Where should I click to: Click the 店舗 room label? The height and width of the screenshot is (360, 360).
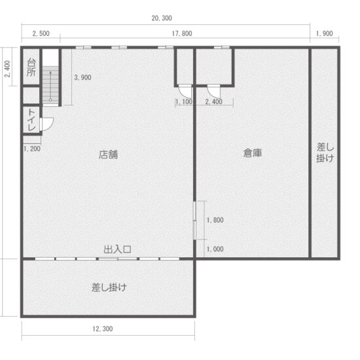109,154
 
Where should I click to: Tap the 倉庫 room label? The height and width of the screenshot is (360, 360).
253,153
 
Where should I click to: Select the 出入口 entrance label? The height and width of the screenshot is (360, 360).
118,249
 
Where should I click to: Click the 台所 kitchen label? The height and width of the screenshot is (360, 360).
31,67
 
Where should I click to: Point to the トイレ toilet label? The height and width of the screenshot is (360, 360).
31,120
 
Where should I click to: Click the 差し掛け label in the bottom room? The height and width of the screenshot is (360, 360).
109,287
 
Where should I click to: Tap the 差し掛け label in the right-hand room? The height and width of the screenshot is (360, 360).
325,153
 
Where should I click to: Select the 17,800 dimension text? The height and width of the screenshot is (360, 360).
182,33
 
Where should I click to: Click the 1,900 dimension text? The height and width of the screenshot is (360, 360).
324,33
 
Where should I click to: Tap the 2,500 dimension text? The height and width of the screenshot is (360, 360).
40,33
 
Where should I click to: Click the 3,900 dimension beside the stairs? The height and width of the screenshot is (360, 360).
82,77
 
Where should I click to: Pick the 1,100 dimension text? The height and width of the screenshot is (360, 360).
184,101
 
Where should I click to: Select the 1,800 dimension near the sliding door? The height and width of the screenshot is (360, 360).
215,220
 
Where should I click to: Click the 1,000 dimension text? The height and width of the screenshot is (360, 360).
215,249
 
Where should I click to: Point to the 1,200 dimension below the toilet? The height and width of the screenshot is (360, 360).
31,149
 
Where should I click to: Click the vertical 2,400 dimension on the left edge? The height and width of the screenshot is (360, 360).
7,69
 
